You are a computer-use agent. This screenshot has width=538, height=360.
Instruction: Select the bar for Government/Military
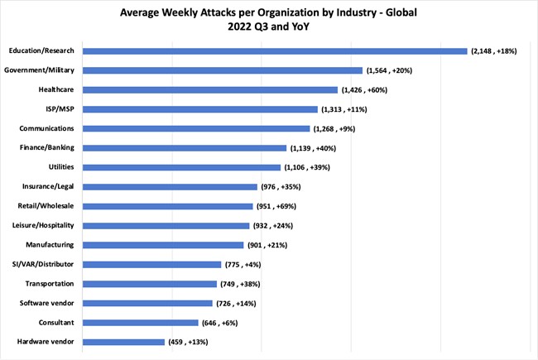(222, 70)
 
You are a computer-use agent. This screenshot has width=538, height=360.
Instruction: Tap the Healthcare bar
(209, 89)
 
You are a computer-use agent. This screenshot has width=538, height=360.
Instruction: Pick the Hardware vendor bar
(123, 342)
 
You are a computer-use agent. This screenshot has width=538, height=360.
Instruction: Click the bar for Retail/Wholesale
(167, 206)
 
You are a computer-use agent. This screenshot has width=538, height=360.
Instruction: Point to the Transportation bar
(149, 284)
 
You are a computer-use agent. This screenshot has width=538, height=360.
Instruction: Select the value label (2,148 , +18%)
(494, 51)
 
